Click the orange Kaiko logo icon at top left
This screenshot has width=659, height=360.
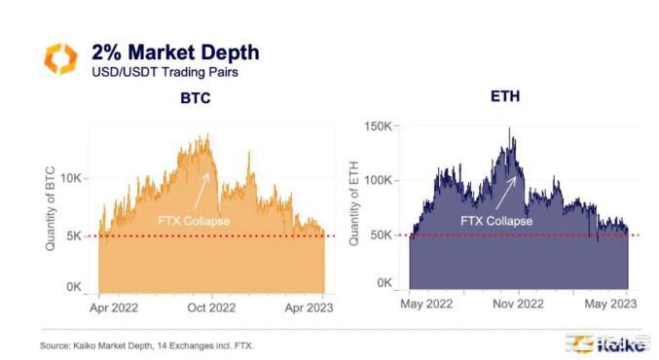pyautogui.click(x=59, y=58)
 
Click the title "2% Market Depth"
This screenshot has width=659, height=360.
pyautogui.click(x=175, y=51)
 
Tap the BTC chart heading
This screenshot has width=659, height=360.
pyautogui.click(x=196, y=98)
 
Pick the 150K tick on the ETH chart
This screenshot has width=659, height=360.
pyautogui.click(x=378, y=126)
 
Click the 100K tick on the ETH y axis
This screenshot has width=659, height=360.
pyautogui.click(x=378, y=181)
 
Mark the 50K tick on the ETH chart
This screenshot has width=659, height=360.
pyautogui.click(x=381, y=234)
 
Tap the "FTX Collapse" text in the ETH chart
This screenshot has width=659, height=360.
pyautogui.click(x=496, y=221)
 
